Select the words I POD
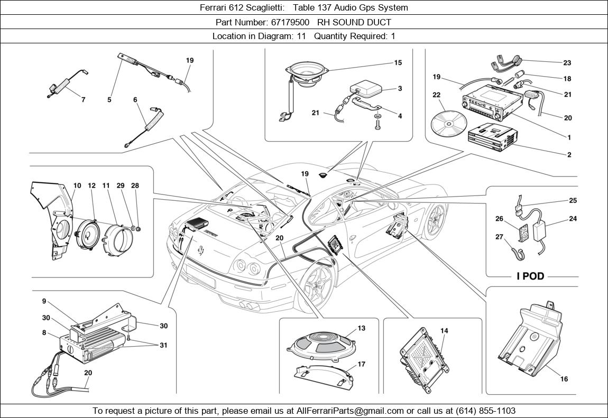(530, 276)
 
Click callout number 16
(564, 379)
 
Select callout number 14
(444, 331)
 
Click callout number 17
(361, 364)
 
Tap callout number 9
(44, 301)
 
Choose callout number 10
(77, 185)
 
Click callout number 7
(83, 99)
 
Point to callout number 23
(567, 63)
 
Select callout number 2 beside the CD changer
(569, 155)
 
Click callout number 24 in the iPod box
(573, 218)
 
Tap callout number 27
(499, 237)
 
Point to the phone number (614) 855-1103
(484, 411)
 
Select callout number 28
(135, 185)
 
